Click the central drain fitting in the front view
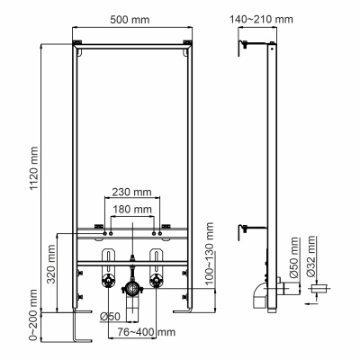(132, 290)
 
